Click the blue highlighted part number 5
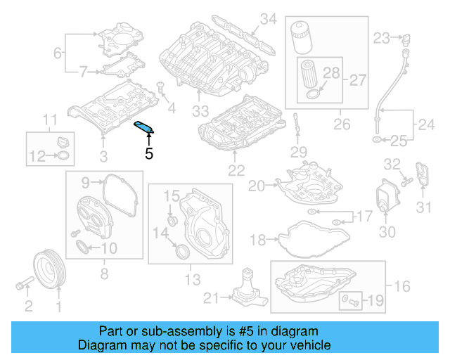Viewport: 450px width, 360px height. [x=143, y=127]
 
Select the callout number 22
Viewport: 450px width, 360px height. [x=236, y=170]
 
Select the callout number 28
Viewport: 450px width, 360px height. [x=331, y=72]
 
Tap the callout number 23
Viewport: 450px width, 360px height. [x=381, y=38]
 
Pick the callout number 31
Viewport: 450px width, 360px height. [x=423, y=207]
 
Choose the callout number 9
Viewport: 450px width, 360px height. [x=85, y=184]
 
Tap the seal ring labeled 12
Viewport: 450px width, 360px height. [x=63, y=155]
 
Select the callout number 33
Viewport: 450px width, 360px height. [x=200, y=111]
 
